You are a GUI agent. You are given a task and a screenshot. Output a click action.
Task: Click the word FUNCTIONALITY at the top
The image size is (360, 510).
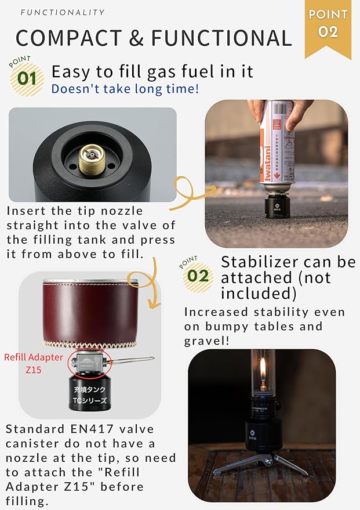tap(63, 12)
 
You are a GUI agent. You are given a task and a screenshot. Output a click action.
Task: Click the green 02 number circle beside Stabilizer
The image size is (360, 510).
tap(198, 275)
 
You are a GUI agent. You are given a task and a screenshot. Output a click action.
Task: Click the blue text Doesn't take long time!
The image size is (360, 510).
tap(125, 89)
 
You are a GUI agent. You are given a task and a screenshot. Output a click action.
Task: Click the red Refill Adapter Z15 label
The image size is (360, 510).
tap(33, 363)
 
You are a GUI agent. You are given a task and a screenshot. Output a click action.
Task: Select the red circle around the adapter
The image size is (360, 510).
tap(89, 363)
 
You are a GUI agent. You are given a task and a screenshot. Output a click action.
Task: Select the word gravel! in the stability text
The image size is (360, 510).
tap(207, 341)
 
